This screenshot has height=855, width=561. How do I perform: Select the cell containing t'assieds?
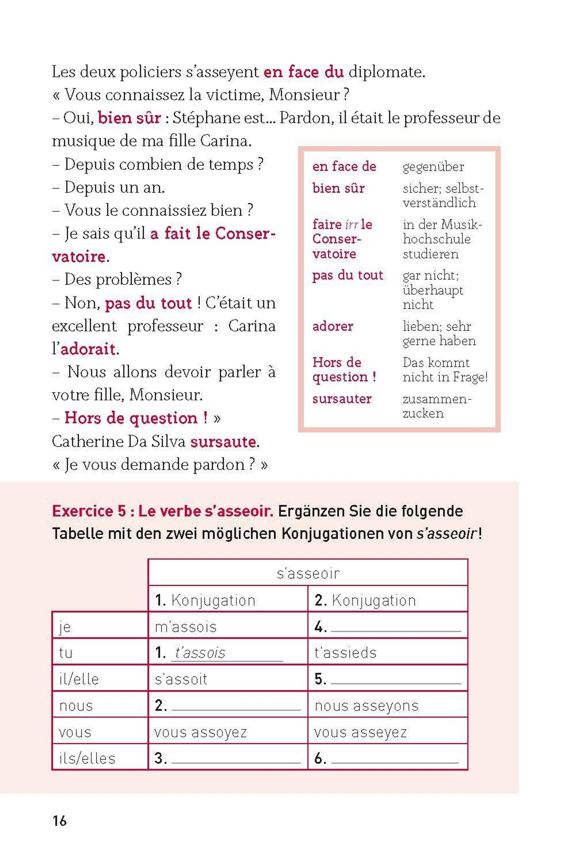click(345, 653)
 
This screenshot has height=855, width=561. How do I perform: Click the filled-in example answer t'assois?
click(200, 653)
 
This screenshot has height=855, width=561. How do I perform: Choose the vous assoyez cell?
click(200, 732)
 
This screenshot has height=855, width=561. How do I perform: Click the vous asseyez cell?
click(360, 732)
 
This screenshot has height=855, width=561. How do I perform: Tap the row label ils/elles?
click(87, 758)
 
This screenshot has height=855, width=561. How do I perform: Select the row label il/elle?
click(79, 679)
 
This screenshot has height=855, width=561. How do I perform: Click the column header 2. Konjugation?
click(365, 600)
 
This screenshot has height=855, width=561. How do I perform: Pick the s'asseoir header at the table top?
click(308, 573)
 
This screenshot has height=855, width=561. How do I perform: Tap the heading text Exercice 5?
click(89, 511)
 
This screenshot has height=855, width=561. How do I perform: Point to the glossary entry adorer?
click(332, 326)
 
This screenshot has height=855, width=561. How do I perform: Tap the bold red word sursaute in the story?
click(223, 442)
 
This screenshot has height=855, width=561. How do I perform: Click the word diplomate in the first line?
click(386, 72)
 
